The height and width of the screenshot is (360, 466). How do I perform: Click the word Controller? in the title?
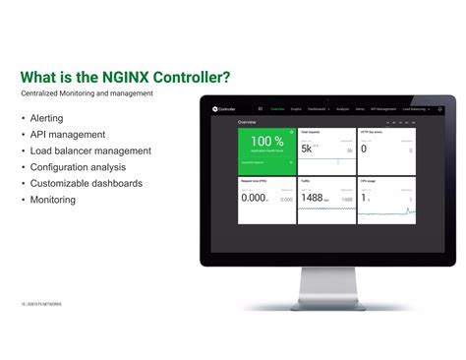point(190,77)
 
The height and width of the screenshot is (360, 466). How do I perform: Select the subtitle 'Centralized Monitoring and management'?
point(87,93)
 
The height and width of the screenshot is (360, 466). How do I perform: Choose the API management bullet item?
point(67,135)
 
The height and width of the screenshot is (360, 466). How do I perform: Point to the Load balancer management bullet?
point(89,150)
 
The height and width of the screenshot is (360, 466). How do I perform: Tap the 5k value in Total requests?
point(308,149)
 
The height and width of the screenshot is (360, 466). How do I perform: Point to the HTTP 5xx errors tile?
point(385,149)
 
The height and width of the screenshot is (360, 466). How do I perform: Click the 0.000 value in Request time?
point(255,198)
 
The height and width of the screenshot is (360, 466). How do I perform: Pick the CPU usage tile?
point(385,200)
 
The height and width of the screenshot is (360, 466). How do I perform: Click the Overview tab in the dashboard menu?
point(278,109)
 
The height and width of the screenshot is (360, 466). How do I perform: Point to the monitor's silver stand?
point(325,286)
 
